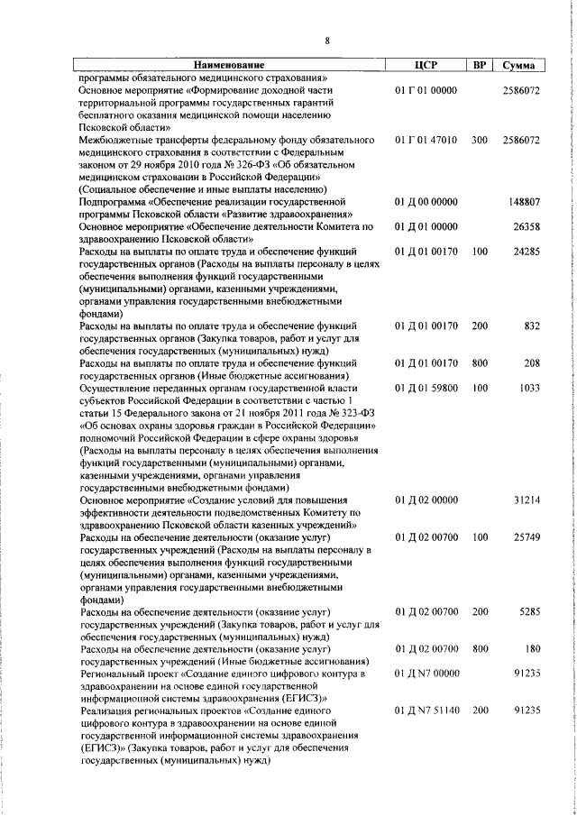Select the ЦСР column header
point(426,66)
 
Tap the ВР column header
point(480,66)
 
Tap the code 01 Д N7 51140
point(427,711)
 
